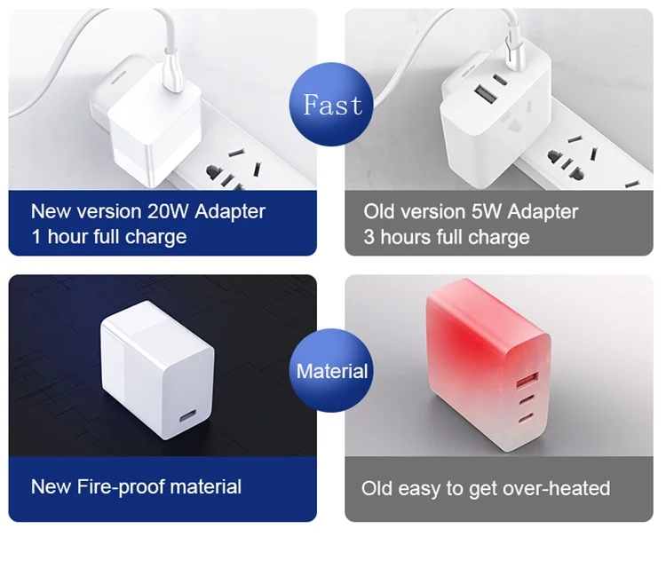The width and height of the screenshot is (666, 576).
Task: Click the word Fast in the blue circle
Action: coord(333,105)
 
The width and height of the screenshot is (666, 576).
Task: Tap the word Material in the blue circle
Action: coord(332,371)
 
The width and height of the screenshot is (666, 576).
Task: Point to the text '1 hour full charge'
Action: coord(108,237)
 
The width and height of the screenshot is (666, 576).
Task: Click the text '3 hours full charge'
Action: coord(446,237)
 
